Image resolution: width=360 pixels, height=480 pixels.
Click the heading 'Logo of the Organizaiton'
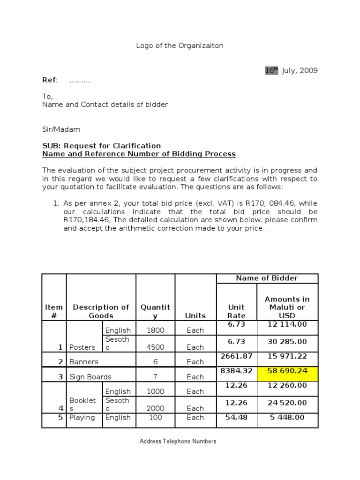pos(180,45)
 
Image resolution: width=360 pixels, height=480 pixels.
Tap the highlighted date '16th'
pos(271,71)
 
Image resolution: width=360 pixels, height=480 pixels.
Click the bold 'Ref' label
pos(50,80)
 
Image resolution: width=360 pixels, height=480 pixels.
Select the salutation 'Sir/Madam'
pos(61,129)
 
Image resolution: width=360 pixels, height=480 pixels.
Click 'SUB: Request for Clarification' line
pos(101,145)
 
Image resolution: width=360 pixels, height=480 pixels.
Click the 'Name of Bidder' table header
pos(267,278)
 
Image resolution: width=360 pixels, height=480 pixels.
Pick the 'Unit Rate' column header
pos(236,311)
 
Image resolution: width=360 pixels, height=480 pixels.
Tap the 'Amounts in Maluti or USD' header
pos(287,307)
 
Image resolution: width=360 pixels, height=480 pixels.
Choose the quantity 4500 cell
pos(155,347)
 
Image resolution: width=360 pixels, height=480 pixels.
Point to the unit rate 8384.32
pos(236,371)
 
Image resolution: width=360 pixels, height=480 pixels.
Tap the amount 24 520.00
pos(287,403)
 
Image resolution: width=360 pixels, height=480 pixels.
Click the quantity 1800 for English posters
pos(155,330)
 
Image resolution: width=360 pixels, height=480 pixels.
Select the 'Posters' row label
pos(82,347)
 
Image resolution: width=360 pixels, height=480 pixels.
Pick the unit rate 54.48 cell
pos(236,418)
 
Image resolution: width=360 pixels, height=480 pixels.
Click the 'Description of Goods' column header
pos(101,311)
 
